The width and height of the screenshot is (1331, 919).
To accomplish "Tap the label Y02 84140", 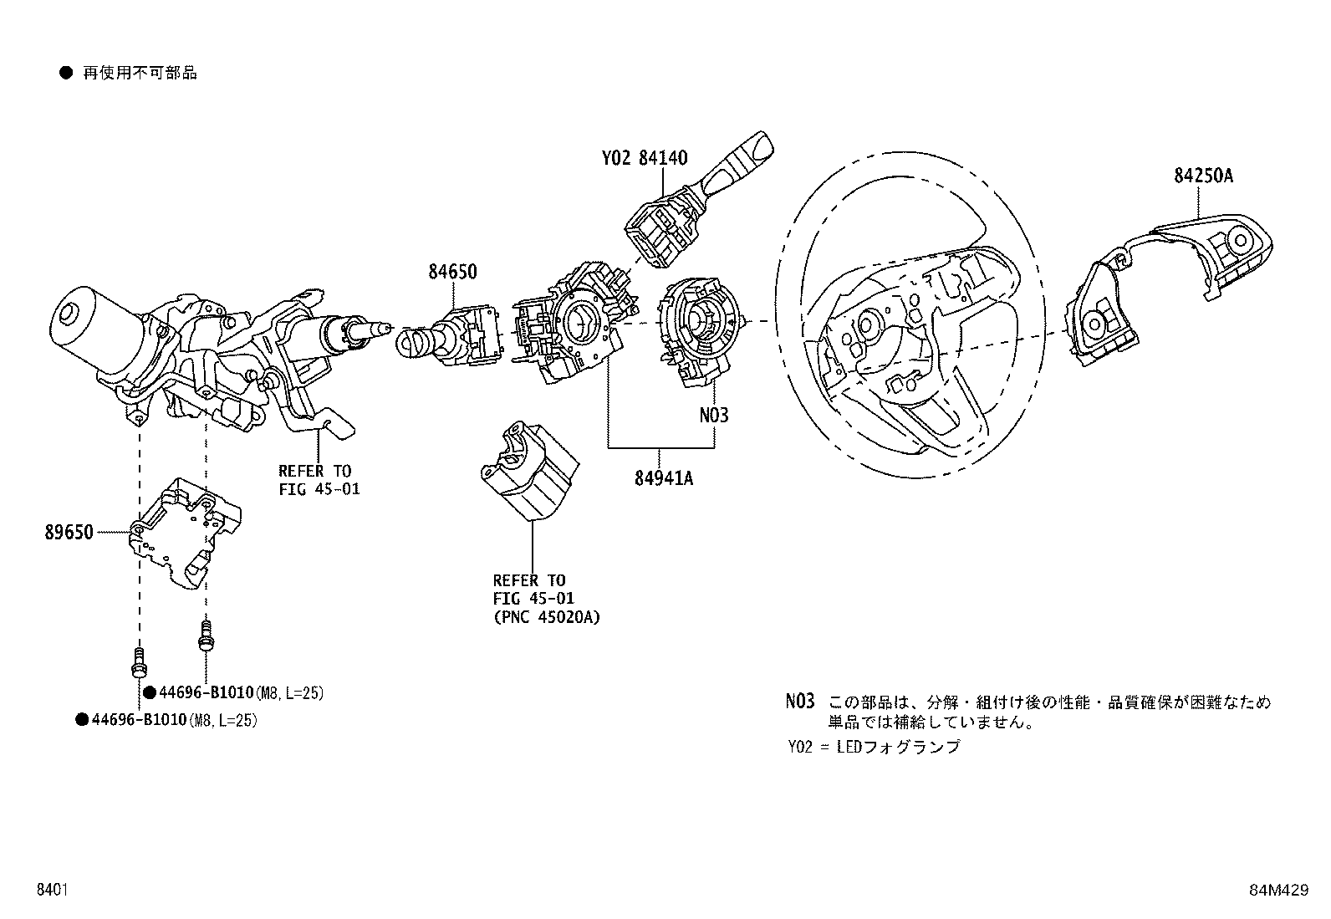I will pos(644,157).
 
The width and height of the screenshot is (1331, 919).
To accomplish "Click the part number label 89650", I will pos(69,532).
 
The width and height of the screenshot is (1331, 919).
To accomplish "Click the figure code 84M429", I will pos(1278,891).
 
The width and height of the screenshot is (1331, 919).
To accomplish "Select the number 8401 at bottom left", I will pos(51,891).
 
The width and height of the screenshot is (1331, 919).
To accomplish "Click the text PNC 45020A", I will pos(547,617).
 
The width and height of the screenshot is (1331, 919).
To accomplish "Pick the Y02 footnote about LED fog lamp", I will pos(874,747).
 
